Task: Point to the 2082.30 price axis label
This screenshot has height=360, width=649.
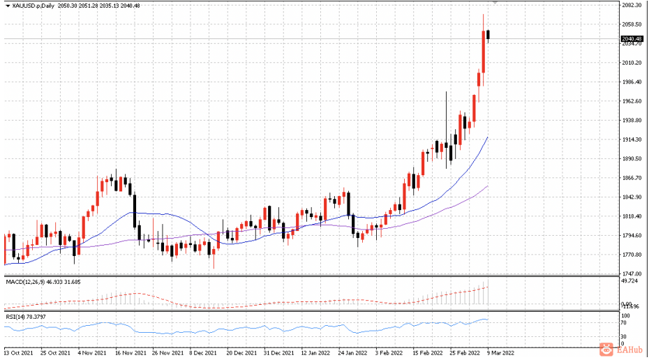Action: [632, 6]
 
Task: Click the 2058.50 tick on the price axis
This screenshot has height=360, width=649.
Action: [632, 24]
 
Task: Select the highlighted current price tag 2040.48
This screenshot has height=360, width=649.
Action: [632, 38]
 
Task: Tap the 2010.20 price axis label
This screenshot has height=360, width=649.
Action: [632, 63]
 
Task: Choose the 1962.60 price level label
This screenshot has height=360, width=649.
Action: [632, 101]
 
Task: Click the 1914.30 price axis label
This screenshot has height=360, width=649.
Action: [632, 140]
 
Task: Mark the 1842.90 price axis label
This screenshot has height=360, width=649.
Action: [632, 197]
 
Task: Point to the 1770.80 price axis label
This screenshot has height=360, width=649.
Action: [632, 255]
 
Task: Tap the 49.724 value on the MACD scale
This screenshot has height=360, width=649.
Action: [630, 281]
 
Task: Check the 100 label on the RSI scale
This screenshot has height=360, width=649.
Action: [625, 316]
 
